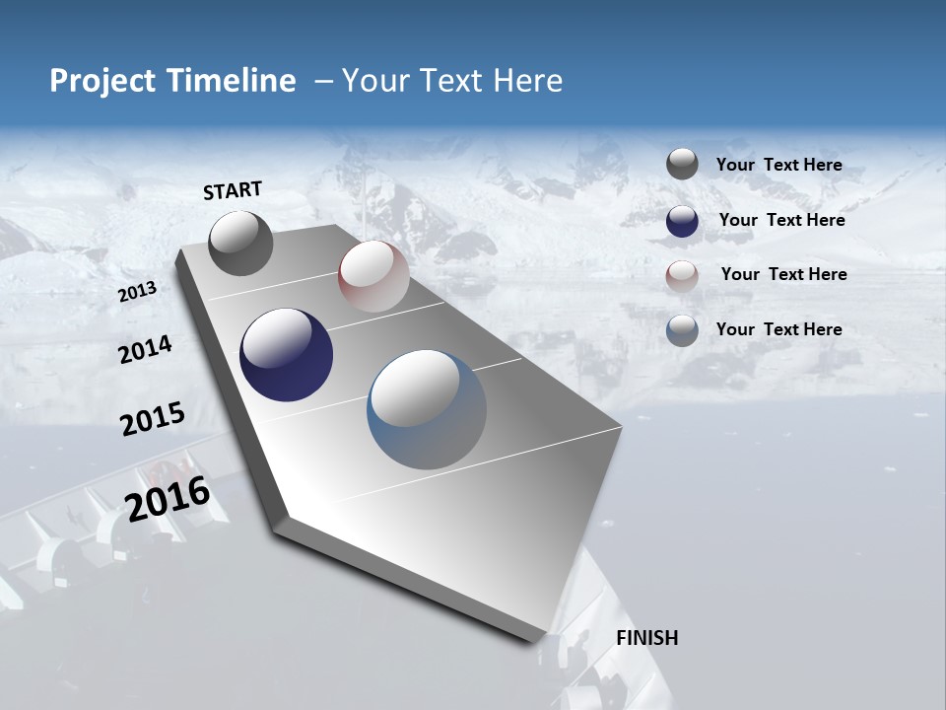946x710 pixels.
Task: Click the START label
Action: click(233, 190)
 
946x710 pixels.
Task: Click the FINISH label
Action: click(646, 638)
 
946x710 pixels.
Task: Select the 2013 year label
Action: click(137, 292)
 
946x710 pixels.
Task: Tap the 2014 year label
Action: click(145, 349)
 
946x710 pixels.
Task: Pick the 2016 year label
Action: click(168, 499)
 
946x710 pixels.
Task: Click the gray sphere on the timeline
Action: click(240, 243)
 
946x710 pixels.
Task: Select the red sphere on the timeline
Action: click(373, 276)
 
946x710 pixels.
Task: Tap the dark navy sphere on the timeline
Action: click(286, 355)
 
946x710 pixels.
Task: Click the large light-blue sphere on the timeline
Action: click(426, 409)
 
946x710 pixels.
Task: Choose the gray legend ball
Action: click(682, 165)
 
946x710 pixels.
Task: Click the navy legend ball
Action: click(682, 220)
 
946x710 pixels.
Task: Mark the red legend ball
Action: click(682, 275)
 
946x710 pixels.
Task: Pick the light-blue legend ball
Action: click(682, 329)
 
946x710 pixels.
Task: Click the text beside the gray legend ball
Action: click(778, 166)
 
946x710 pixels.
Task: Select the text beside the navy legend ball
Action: click(781, 220)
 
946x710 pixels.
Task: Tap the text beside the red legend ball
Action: click(783, 274)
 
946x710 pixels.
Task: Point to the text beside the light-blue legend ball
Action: click(778, 329)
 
